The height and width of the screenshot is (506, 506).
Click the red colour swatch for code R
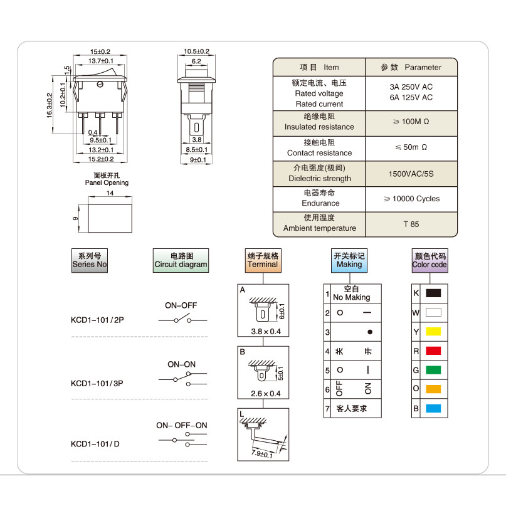click(433, 351)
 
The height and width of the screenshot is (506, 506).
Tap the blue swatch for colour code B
click(433, 408)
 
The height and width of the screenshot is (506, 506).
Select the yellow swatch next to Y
click(433, 332)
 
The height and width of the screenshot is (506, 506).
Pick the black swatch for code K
click(433, 293)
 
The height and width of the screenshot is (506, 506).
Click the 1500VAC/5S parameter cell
click(411, 174)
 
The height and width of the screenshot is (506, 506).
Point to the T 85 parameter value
click(411, 224)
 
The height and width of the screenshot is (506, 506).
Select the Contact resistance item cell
click(319, 149)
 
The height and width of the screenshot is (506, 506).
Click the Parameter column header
click(411, 67)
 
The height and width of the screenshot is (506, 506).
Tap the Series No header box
click(90, 260)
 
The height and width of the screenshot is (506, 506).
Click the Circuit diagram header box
click(181, 260)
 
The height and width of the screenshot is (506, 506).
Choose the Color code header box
click(430, 260)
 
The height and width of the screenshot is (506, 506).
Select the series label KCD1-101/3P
click(97, 383)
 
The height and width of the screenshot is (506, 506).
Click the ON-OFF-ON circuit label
click(182, 425)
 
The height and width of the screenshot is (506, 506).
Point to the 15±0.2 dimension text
click(100, 51)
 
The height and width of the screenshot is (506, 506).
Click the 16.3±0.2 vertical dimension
click(50, 105)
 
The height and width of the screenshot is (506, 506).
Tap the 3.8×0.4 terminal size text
click(266, 332)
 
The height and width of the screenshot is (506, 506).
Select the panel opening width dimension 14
click(110, 193)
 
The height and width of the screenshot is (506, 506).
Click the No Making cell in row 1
click(352, 293)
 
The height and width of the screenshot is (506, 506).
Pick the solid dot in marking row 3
click(370, 332)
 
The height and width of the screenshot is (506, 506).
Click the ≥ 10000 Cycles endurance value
click(411, 199)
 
